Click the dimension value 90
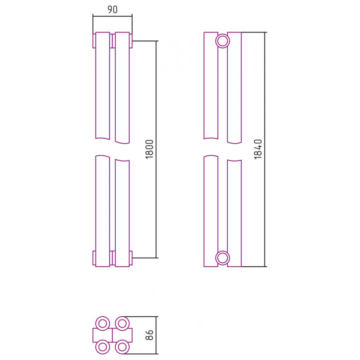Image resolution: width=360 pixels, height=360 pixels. [112, 9]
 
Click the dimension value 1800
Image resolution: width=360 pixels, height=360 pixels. [149, 149]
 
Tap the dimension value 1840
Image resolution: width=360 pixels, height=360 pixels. [258, 149]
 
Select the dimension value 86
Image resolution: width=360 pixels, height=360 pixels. [149, 335]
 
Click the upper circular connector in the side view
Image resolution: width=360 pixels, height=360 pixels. [222, 41]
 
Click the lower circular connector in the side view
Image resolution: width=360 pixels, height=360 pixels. [222, 258]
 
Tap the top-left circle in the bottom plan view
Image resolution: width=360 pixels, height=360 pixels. [103, 324]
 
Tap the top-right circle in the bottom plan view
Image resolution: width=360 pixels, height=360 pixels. [122, 324]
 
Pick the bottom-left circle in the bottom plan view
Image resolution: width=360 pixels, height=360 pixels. [103, 347]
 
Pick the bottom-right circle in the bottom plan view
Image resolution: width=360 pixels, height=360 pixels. [122, 347]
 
